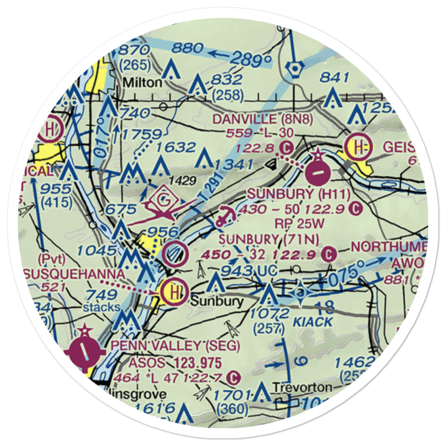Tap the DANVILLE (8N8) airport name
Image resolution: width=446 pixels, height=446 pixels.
coord(263,119)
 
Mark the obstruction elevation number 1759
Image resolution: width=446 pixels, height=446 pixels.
coord(143,134)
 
